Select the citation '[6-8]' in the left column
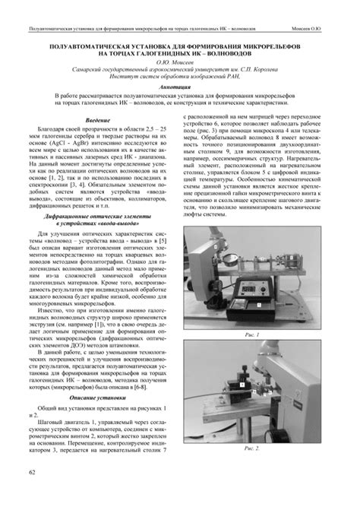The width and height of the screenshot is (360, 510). [x=146, y=385]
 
